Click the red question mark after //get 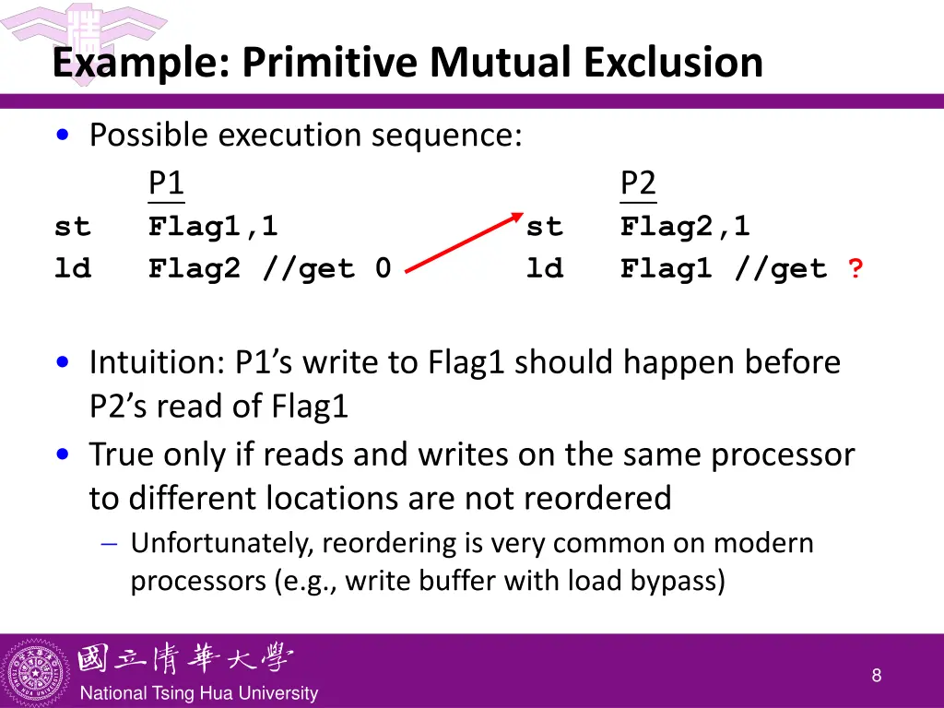[x=856, y=269]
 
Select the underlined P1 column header [x=166, y=183]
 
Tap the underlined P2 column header [x=638, y=183]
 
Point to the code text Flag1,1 [x=213, y=226]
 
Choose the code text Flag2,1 [x=685, y=226]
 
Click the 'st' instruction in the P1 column [x=73, y=226]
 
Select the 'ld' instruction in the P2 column [x=545, y=269]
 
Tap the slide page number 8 [x=876, y=676]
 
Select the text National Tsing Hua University [x=198, y=693]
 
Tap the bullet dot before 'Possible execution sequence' [x=62, y=136]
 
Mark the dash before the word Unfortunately [x=109, y=544]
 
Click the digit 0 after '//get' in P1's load [x=383, y=269]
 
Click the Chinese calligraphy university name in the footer [x=184, y=659]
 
